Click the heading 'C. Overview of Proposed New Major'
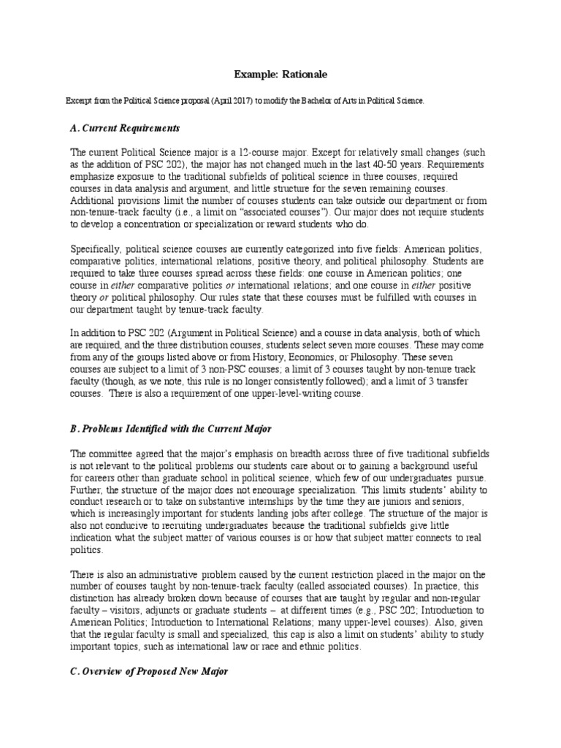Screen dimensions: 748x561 [x=149, y=671]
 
